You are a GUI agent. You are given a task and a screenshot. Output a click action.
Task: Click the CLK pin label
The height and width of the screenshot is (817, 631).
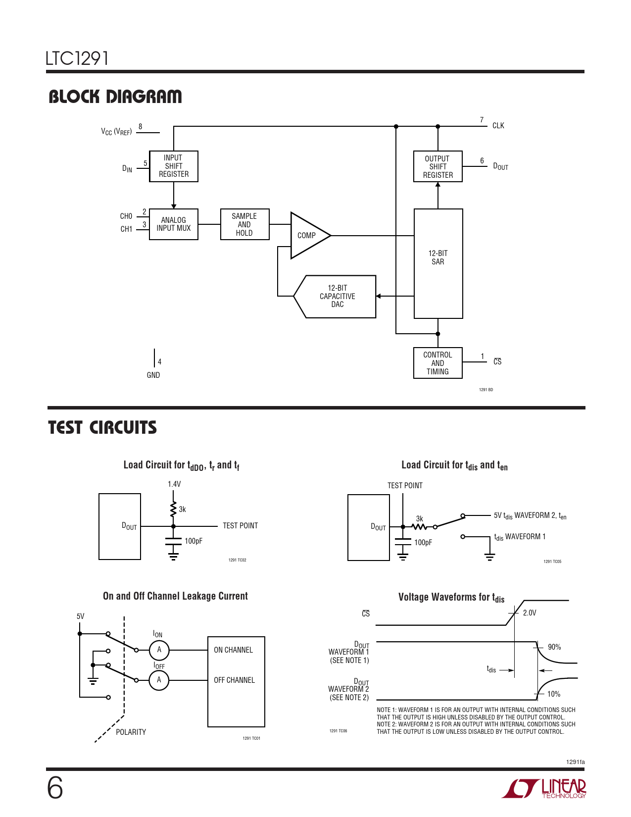point(498,126)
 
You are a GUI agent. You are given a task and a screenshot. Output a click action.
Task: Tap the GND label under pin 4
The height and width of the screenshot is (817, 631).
point(153,375)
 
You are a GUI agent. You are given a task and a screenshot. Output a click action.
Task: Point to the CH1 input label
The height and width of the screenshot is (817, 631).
point(126,229)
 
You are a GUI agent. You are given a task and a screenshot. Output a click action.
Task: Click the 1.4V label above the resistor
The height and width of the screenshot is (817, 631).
point(174,484)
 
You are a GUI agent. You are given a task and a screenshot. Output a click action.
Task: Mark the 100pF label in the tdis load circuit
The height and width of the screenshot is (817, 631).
point(423,543)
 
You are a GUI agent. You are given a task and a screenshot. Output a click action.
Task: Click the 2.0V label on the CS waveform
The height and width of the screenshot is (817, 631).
point(530,613)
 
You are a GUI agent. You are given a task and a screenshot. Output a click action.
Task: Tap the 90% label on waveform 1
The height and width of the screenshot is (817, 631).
point(554,647)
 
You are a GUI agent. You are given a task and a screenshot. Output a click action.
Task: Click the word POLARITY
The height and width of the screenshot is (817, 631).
point(131,732)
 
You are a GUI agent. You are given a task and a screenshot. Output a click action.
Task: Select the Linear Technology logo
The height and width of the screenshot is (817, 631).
point(544,788)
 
